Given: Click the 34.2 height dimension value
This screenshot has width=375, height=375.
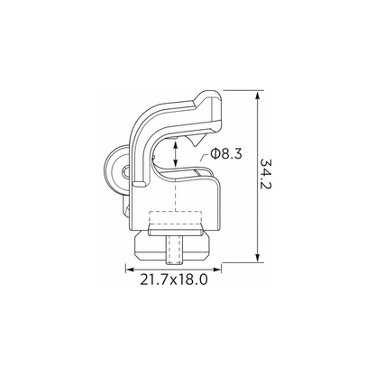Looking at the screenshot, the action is (x=266, y=173).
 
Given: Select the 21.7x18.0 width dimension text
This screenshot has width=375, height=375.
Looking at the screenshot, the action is (x=174, y=280).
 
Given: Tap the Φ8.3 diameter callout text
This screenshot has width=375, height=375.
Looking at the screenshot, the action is (x=226, y=154).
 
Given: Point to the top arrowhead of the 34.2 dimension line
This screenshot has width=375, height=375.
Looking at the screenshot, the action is (x=257, y=95).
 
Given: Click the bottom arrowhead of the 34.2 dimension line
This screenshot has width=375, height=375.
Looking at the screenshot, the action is (x=257, y=258).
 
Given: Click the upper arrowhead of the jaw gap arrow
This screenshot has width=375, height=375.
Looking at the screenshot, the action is (x=175, y=143).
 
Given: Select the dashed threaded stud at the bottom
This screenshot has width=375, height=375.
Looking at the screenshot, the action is (x=173, y=250).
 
